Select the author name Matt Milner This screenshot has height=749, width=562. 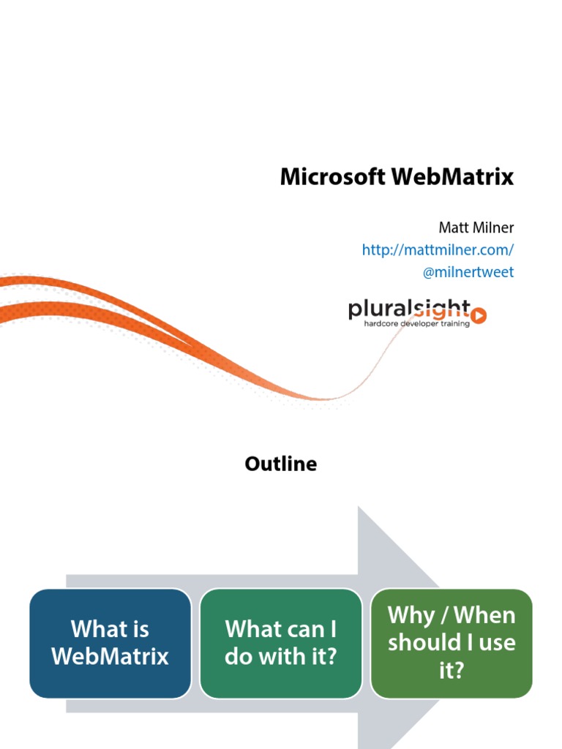coord(476,227)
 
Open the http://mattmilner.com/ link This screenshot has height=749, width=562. coord(438,249)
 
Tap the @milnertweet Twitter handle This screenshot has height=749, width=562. coord(468,272)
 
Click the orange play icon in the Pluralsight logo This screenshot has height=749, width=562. coord(479,315)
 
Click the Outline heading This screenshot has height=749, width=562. coord(281,464)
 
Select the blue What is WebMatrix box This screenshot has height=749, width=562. coord(110,643)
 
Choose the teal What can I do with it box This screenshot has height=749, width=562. coord(281,643)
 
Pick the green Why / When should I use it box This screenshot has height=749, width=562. coord(452,643)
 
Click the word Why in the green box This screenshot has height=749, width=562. coord(411,615)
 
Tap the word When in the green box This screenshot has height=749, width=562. coord(486,615)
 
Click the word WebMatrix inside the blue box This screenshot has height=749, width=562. coord(110,656)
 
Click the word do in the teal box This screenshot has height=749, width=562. coord(239,656)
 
